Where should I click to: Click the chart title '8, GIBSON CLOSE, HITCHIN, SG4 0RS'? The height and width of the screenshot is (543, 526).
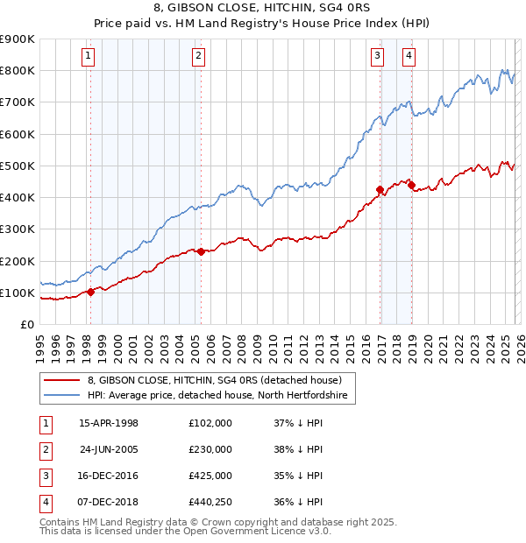tap(262, 8)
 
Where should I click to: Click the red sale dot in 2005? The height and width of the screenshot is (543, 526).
tap(201, 251)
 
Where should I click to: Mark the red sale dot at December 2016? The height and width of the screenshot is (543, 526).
tap(380, 189)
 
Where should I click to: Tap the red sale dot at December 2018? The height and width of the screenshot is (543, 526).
tap(410, 185)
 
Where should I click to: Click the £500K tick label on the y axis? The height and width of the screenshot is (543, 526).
tap(17, 166)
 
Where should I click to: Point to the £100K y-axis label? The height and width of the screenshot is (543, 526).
tap(17, 293)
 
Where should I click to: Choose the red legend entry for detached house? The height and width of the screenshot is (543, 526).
tap(220, 380)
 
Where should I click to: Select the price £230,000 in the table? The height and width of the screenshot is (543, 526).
tap(210, 449)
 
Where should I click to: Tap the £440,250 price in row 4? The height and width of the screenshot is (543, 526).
tap(210, 502)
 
